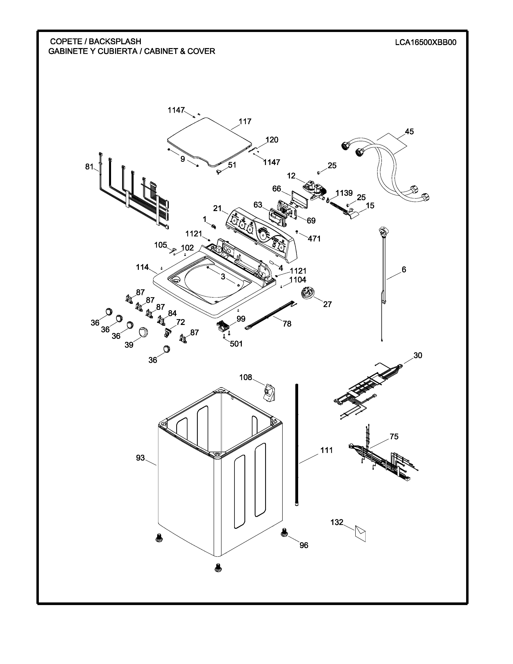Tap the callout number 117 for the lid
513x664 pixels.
pos(245,122)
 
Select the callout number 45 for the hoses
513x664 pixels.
pos(409,132)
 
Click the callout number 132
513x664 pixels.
pos(337,522)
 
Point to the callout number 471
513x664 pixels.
pos(314,239)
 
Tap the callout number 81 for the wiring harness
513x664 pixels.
pos(89,167)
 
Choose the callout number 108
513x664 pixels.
pos(246,377)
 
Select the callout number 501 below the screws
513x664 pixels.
pos(236,344)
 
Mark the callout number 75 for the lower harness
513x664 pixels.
pos(394,437)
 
